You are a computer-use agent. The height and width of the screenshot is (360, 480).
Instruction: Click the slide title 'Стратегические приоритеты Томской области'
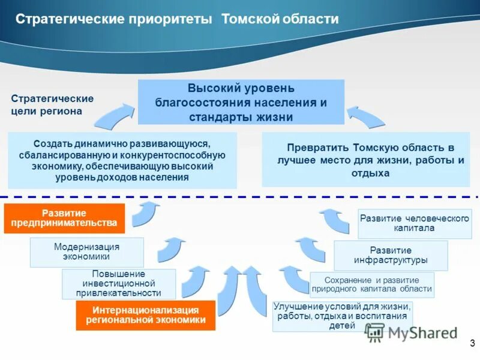(x=177, y=20)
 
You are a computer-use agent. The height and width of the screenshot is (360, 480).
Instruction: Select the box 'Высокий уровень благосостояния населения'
(x=241, y=102)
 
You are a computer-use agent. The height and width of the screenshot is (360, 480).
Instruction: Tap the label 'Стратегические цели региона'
(x=53, y=105)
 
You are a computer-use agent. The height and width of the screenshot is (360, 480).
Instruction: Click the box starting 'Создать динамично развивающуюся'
(x=122, y=161)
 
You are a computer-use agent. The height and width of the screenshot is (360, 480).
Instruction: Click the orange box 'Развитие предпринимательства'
(x=64, y=218)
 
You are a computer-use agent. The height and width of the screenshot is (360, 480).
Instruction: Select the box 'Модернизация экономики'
(x=87, y=252)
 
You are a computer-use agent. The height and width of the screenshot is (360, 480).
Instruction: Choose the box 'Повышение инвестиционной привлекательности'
(x=119, y=284)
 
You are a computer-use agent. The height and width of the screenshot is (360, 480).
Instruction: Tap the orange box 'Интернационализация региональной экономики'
(x=145, y=315)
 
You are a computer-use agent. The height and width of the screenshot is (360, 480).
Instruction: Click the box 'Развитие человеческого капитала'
(x=415, y=223)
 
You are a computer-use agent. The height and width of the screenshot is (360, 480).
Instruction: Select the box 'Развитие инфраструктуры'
(x=391, y=255)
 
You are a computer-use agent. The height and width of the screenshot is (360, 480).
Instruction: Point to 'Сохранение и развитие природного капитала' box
(x=372, y=284)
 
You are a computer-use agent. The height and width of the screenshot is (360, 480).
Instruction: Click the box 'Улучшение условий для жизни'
(x=342, y=316)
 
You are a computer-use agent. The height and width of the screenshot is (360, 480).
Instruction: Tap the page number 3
(x=472, y=343)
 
